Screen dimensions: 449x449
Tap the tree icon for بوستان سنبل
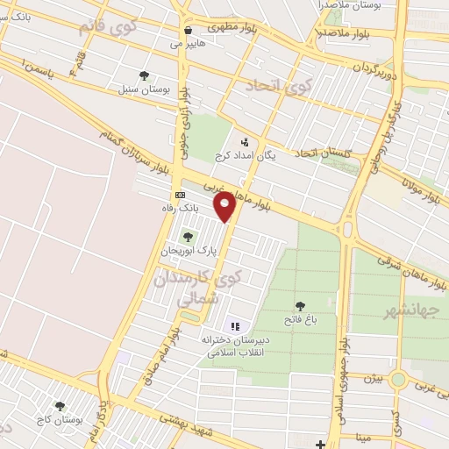point(144,75)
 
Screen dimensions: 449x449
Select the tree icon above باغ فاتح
point(300,306)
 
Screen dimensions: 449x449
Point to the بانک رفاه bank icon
point(180,195)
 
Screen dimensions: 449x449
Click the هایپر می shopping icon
point(188,29)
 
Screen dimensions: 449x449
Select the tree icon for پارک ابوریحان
point(186,237)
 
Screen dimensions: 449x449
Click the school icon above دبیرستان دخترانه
point(234,326)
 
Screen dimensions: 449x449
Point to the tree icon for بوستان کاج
point(60,406)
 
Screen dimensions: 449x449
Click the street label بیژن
point(374,378)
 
